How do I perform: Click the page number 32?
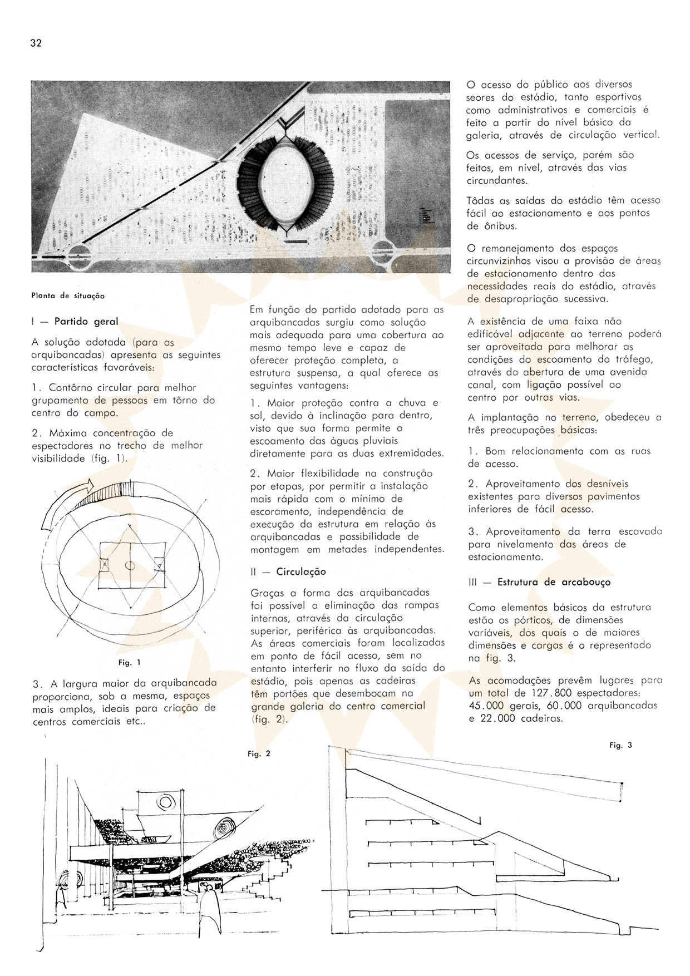pyautogui.click(x=37, y=43)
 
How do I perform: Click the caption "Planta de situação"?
pyautogui.click(x=68, y=295)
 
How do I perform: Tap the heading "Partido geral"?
pyautogui.click(x=86, y=322)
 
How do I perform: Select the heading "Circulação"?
pyautogui.click(x=301, y=571)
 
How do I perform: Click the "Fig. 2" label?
pyautogui.click(x=259, y=754)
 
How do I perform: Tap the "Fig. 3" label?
pyautogui.click(x=620, y=745)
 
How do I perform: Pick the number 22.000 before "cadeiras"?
pyautogui.click(x=503, y=718)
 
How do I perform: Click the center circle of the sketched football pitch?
pyautogui.click(x=129, y=565)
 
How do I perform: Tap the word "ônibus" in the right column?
pyautogui.click(x=496, y=225)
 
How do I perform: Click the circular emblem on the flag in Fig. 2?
pyautogui.click(x=165, y=802)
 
